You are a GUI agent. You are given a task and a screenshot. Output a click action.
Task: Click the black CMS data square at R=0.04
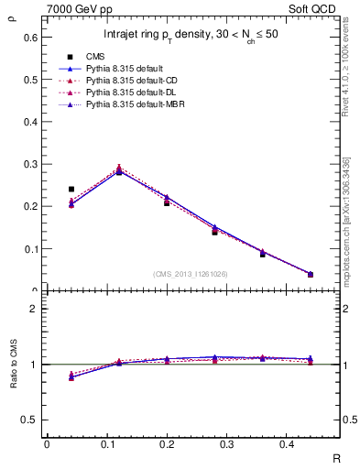(71, 190)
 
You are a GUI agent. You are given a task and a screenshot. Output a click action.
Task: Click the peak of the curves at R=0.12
(119, 170)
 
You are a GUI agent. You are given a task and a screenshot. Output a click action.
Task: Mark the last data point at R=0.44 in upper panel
(311, 274)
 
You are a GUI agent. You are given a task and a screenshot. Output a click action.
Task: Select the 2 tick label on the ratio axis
(34, 309)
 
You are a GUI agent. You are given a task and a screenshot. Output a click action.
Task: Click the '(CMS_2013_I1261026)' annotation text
(191, 275)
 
